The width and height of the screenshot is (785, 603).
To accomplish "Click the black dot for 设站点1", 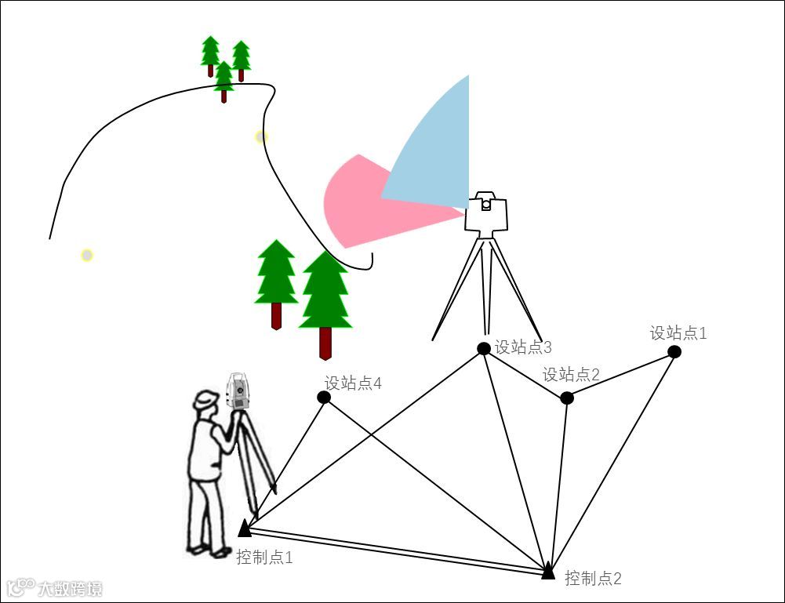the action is [674, 351].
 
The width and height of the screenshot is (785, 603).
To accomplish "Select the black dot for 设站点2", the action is [567, 398].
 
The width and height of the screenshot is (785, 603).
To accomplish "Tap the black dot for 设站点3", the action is [484, 348].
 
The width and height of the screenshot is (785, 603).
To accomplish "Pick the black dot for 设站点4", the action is [324, 397].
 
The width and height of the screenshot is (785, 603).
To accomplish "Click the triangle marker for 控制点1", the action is [245, 528].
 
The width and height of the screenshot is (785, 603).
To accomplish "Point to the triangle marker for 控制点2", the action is [548, 572].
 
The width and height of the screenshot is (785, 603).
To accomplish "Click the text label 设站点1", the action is [678, 332].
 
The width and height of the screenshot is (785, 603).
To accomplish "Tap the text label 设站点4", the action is [353, 383].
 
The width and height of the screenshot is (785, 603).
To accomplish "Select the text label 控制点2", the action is [593, 579].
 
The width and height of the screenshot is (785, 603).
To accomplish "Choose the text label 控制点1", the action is [264, 558].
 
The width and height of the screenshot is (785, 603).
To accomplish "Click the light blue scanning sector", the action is [436, 149].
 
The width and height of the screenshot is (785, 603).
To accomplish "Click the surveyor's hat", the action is [206, 399].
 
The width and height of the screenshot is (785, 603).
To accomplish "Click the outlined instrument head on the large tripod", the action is [486, 213].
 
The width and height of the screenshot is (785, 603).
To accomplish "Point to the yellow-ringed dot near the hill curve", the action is [261, 136].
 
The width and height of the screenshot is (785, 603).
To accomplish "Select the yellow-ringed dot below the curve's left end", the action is [87, 255].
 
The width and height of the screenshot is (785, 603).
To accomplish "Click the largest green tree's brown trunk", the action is [325, 343].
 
